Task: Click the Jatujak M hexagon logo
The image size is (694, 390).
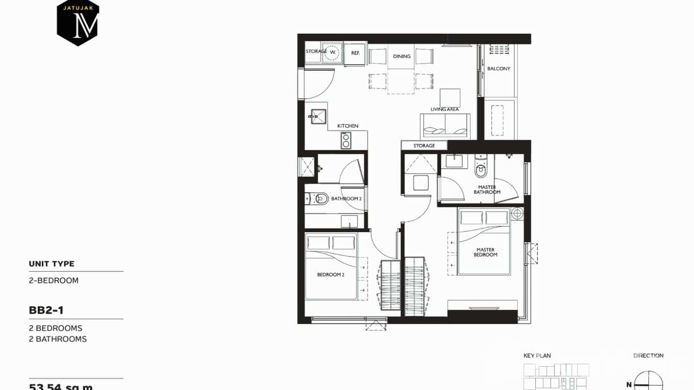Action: coord(78,23)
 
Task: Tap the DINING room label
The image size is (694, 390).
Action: coord(402,56)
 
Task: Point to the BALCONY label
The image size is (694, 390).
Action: coord(499,68)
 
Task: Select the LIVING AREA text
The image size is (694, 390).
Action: coord(445,110)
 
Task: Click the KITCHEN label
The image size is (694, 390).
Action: coord(348,126)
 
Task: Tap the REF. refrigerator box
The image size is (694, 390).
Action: coord(355,53)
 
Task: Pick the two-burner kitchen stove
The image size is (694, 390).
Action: coord(346,140)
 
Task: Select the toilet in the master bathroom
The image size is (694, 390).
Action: coord(481,169)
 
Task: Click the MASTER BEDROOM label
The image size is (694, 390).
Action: coord(486,252)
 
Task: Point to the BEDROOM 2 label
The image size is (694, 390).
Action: coord(330,275)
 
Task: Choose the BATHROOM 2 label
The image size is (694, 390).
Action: coord(346,199)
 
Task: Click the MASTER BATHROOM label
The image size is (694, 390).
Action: coord(487,190)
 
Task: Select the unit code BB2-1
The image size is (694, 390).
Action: coord(46,310)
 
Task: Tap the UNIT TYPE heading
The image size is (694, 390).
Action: coord(52,264)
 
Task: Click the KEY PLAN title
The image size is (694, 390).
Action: coord(537,356)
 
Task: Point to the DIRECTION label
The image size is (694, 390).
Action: coord(648,356)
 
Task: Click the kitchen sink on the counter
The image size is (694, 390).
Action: coord(319,117)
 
